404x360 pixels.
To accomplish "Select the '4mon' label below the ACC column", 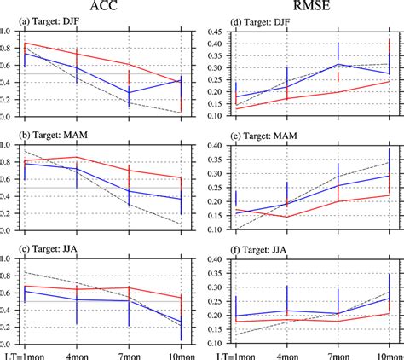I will click(x=78, y=353).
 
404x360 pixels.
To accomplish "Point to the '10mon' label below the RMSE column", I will click(x=388, y=353).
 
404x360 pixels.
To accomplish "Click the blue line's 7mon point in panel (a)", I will click(x=129, y=92).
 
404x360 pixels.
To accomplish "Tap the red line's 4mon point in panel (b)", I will click(x=78, y=157).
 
